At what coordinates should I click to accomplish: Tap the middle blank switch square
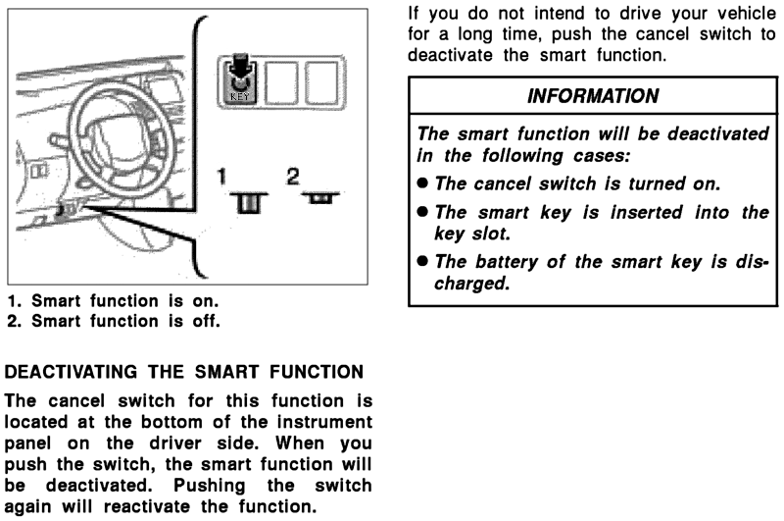281,83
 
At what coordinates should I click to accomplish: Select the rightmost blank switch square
319,83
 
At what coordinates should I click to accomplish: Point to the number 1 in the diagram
222,179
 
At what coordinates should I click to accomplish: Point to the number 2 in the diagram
292,178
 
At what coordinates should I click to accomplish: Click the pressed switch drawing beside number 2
318,198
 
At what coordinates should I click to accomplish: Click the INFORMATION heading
593,96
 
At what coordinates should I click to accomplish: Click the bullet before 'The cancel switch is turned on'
422,183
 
